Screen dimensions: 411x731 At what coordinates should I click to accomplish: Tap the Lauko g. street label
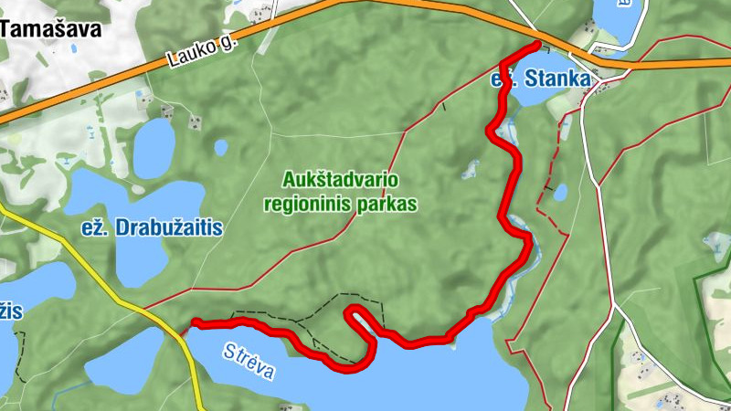[x=196, y=51]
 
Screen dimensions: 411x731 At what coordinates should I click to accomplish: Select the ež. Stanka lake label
[x=541, y=79]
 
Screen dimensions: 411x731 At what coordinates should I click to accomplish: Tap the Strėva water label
[x=248, y=361]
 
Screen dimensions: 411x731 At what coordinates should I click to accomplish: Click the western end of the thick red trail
[x=194, y=322]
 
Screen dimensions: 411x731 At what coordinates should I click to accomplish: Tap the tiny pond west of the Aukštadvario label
[x=221, y=145]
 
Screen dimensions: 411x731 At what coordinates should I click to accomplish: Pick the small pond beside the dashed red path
[x=560, y=192]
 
